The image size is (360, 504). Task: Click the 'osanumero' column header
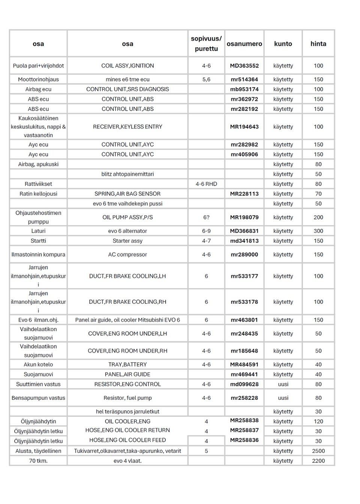coord(244,44)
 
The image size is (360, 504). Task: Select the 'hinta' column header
coord(318,44)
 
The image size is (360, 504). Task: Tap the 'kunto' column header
coord(283,44)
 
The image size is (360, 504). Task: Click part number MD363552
coord(244,66)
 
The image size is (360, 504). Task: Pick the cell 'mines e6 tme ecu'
coord(127,79)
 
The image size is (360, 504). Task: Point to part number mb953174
coord(244,89)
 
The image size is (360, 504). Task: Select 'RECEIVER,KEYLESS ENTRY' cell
coord(127,127)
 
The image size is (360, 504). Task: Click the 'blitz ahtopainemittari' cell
coord(127,174)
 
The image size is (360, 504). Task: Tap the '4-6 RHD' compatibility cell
coord(206,184)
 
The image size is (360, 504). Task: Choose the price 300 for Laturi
coord(318,231)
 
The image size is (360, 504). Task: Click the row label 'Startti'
coord(38,241)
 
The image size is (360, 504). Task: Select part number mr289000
coord(244,255)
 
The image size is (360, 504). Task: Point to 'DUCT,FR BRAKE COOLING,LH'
coord(127,276)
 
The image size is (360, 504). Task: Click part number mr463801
coord(244,320)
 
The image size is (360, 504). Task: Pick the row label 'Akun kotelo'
coord(38,364)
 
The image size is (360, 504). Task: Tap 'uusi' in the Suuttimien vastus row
coord(283,384)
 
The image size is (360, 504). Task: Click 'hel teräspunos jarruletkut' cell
coord(127,412)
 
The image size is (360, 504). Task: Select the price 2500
coord(318,451)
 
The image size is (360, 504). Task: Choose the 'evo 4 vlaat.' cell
coord(127,461)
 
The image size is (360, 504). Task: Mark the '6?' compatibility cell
coord(206,217)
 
